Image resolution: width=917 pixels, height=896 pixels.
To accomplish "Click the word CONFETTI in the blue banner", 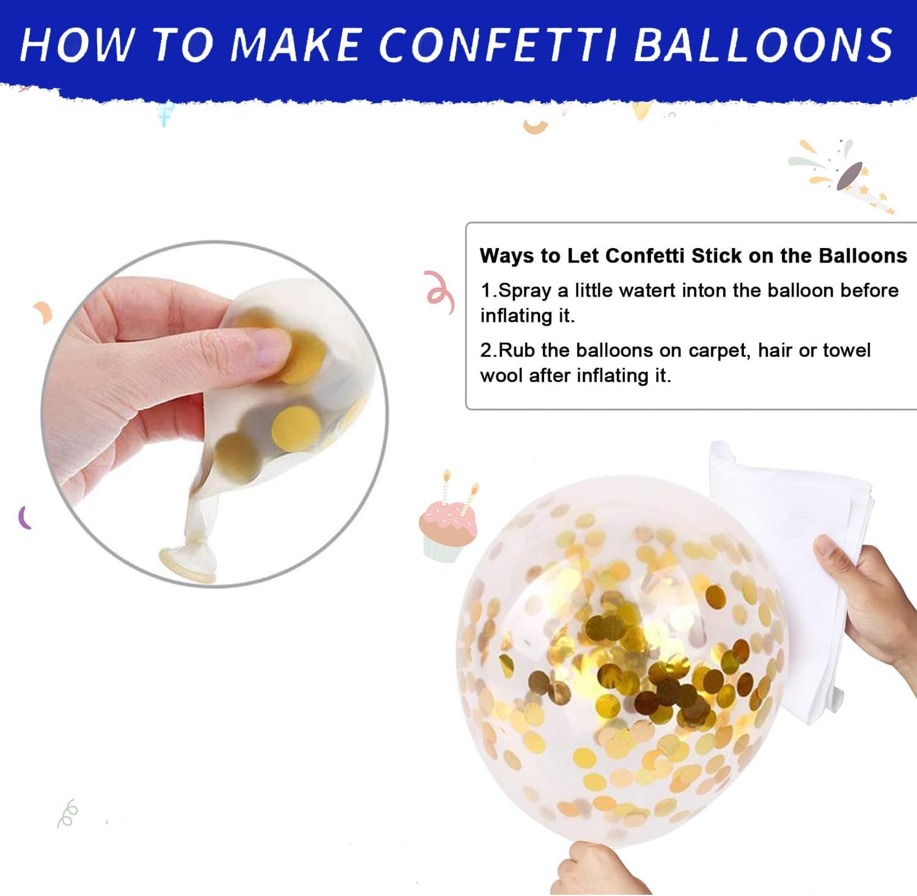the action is click(498, 44).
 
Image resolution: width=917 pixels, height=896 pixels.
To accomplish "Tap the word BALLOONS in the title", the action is click(764, 44).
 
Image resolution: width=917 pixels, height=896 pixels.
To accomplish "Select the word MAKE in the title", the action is click(296, 44).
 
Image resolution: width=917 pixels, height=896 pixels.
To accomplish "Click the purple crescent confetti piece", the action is click(24, 518).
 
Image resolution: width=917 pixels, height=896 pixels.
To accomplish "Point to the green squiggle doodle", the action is click(68, 813).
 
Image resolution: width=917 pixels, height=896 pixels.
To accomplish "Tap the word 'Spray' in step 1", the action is click(525, 292).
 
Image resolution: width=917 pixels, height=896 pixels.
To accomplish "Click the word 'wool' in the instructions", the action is click(501, 376).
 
